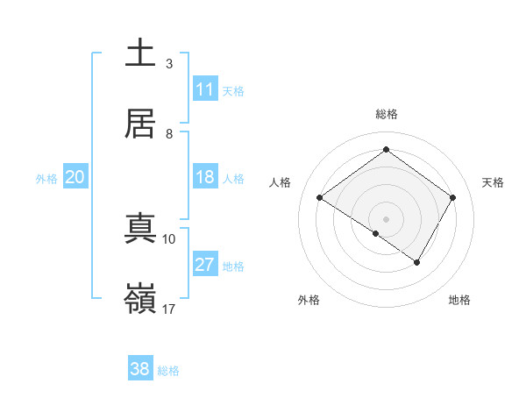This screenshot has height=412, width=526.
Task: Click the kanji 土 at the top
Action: point(140,53)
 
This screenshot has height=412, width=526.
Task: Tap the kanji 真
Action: point(140,227)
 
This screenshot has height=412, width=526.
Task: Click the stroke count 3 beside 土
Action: point(169,64)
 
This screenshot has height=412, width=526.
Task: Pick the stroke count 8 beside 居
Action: point(169,133)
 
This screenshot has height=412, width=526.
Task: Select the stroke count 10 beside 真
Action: point(169,238)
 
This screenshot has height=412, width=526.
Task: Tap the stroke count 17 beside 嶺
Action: point(169,309)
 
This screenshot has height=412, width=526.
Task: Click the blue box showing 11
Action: point(204,89)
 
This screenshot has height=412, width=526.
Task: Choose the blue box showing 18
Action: point(204,177)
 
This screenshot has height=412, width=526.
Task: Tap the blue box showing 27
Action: point(204,265)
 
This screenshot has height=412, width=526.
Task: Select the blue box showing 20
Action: point(75,177)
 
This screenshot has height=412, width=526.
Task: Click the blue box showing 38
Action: point(140,369)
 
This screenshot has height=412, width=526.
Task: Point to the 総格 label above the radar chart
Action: point(386,114)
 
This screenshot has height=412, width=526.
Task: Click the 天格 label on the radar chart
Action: point(493,182)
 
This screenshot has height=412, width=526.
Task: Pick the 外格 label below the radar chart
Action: point(308,300)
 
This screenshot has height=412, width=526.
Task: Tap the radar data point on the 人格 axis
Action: point(320,198)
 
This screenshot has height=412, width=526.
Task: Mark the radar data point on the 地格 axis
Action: point(417,262)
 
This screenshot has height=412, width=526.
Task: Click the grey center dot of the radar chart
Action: point(386,218)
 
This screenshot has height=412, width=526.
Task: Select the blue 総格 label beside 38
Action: point(168,371)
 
